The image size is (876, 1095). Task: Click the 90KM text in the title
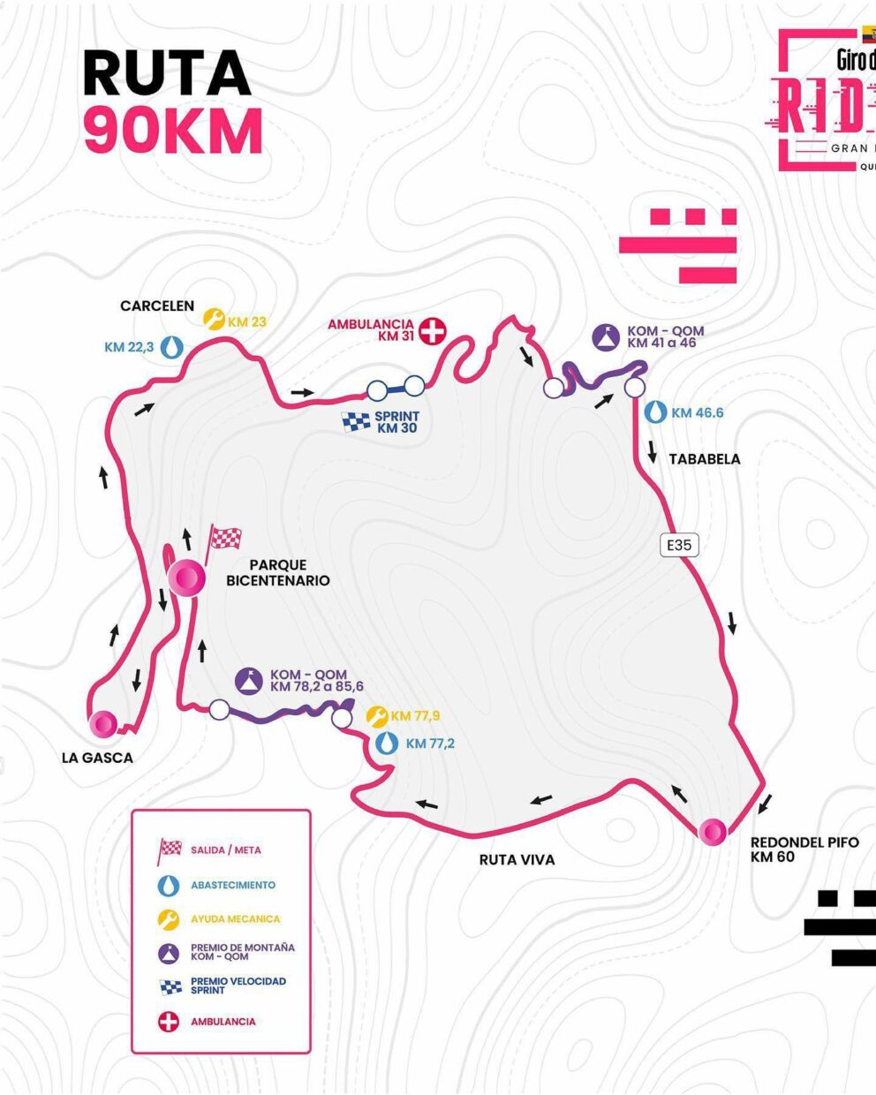pos(173,131)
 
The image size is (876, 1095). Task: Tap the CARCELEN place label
pos(157,306)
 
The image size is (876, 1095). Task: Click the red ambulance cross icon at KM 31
pos(433,331)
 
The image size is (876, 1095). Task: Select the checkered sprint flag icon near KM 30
pos(356,422)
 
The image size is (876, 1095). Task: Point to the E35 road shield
pos(679,545)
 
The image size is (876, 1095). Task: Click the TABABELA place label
pos(705,458)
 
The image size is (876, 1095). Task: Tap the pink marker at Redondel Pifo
pos(713,831)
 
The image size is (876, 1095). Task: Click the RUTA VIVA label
pos(517,859)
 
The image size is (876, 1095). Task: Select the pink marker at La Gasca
pos(103,724)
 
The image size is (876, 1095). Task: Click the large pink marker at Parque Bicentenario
pos(187,578)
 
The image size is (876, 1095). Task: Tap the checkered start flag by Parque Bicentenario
pos(224,538)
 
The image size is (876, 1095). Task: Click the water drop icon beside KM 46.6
pos(655,412)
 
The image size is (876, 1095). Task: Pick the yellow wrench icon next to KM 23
pos(214,318)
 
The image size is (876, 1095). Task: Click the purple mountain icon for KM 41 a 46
pos(609,336)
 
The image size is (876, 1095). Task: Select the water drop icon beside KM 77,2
pos(386,744)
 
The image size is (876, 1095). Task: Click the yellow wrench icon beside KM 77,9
pos(377,716)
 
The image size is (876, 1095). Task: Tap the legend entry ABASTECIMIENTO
pos(233,885)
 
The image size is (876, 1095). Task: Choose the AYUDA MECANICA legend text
pos(235,919)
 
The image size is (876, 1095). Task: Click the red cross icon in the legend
pos(168,1022)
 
